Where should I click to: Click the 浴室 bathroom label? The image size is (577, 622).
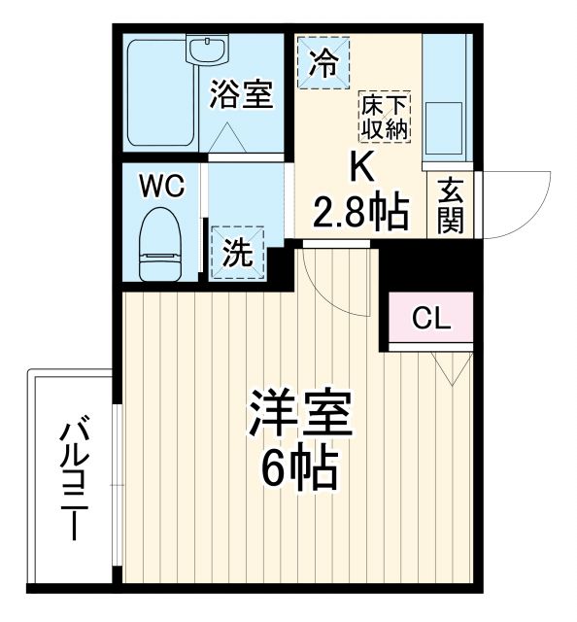(242, 94)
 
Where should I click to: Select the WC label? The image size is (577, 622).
(160, 186)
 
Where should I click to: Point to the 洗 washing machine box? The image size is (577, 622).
(238, 252)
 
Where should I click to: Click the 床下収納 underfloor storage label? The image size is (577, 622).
(385, 116)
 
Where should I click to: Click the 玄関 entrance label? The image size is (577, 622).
(450, 205)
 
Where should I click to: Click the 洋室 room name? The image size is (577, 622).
(297, 416)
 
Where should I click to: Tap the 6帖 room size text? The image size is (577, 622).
(297, 472)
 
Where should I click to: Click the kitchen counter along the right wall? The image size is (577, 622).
(447, 97)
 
